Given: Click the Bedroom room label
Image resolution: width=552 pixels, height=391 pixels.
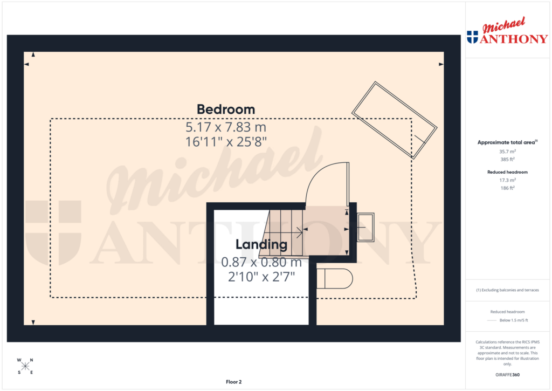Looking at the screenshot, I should pyautogui.click(x=226, y=109).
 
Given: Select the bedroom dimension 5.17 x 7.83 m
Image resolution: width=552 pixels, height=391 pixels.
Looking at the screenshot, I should pyautogui.click(x=226, y=128).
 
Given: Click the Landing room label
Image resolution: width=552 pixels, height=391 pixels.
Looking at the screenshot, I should pyautogui.click(x=261, y=244).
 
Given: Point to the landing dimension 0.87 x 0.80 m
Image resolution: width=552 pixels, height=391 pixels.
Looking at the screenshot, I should pyautogui.click(x=261, y=263).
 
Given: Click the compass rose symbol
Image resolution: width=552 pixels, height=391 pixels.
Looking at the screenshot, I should pyautogui.click(x=25, y=366).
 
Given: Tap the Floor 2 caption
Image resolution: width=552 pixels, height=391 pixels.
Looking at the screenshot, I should pyautogui.click(x=234, y=382).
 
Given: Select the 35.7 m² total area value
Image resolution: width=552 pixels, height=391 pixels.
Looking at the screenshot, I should pyautogui.click(x=507, y=152).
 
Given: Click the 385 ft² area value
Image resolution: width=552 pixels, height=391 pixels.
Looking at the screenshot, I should pyautogui.click(x=507, y=160).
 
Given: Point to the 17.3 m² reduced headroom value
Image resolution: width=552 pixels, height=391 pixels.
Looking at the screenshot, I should pyautogui.click(x=507, y=180).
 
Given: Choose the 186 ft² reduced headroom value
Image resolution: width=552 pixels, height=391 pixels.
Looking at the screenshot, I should pyautogui.click(x=507, y=188).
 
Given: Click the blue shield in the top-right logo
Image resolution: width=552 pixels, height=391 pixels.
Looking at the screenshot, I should pyautogui.click(x=472, y=37).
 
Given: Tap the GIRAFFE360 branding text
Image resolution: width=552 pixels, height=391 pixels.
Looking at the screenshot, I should pyautogui.click(x=507, y=374).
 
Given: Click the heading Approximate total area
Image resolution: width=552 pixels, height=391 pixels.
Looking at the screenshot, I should pyautogui.click(x=507, y=142).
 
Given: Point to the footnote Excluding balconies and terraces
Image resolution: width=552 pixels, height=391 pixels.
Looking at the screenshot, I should pyautogui.click(x=507, y=290).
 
